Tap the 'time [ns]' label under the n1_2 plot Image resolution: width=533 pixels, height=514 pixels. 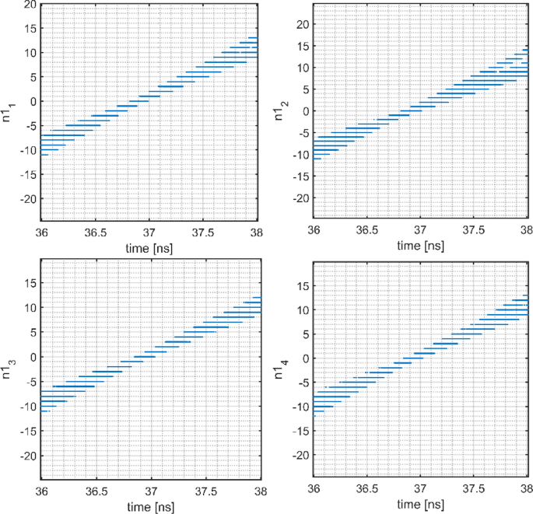point(421,246)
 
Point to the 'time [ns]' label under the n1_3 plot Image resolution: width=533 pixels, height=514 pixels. point(149,505)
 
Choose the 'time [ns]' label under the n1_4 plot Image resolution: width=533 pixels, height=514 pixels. point(421,505)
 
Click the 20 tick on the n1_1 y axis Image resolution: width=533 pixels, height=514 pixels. point(29,5)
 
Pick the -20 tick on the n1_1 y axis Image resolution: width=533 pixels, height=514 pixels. point(27,199)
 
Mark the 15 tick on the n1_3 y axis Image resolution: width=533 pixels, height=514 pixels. point(29,283)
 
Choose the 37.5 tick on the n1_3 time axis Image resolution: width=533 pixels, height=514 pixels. point(203,492)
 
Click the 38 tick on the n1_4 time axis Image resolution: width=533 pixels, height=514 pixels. point(527,492)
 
